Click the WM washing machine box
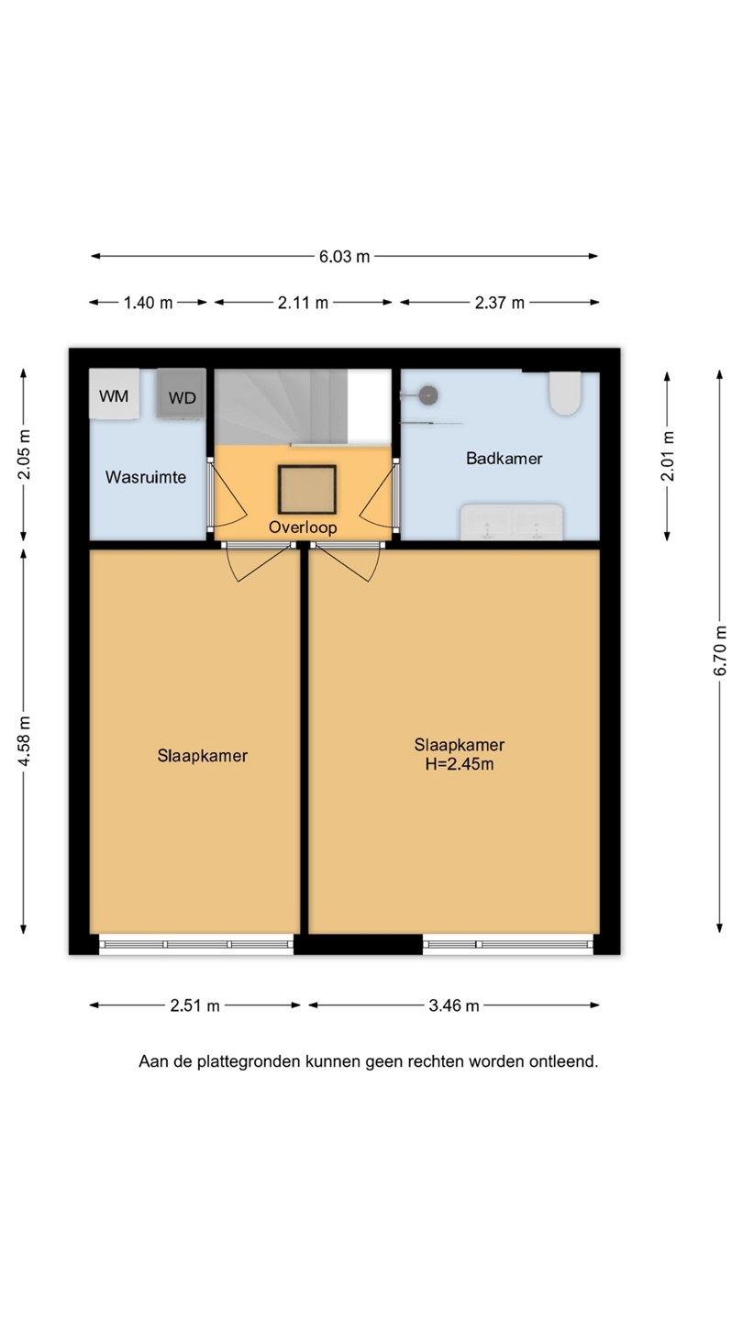115,394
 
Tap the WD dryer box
182,393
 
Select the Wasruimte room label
146,477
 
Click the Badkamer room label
505,459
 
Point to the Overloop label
303,527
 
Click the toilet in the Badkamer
565,394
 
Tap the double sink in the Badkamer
512,522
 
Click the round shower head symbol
428,395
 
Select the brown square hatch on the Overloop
307,490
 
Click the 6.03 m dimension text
344,257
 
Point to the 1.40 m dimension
148,303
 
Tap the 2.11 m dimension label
303,303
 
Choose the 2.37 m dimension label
499,303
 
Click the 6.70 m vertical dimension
720,650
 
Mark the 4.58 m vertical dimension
24,741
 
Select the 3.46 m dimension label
453,1005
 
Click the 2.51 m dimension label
194,1005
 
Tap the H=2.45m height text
460,765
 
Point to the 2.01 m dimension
668,456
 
